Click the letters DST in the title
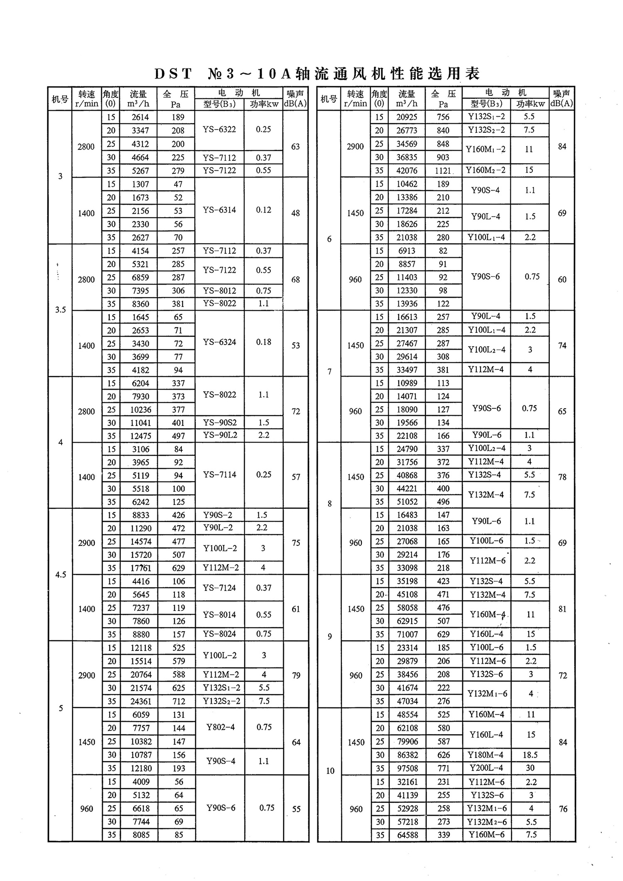point(173,74)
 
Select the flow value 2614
point(140,117)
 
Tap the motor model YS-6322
point(219,130)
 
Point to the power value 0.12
point(264,210)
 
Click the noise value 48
point(295,213)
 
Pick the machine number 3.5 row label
point(61,310)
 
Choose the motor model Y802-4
point(221,727)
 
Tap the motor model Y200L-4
point(486,768)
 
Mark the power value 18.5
point(530,755)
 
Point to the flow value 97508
point(407,768)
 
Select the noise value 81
point(562,609)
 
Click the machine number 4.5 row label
point(61,575)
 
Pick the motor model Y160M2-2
point(486,170)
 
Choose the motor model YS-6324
point(219,342)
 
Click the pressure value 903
point(443,157)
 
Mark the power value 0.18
point(264,342)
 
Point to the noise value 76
point(563,809)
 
